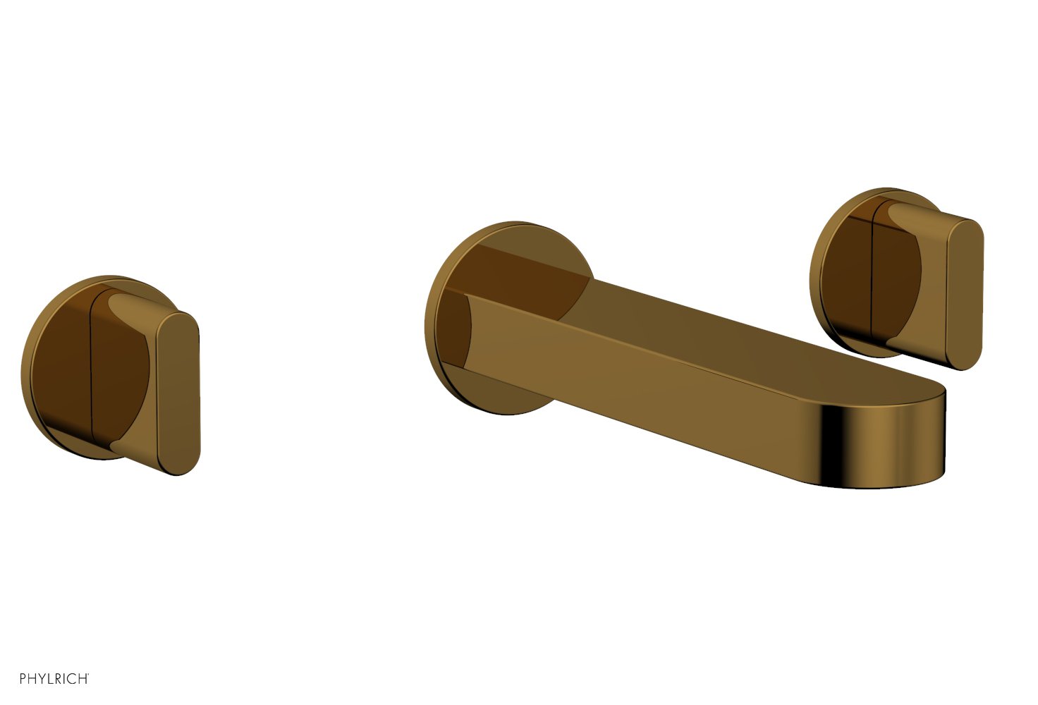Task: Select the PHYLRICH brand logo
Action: (x=54, y=678)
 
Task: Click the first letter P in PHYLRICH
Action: (x=23, y=679)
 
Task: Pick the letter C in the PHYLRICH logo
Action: (x=72, y=679)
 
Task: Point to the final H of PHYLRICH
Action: (x=82, y=679)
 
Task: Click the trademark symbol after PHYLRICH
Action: (x=88, y=675)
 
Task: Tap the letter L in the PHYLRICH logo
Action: (x=51, y=679)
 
